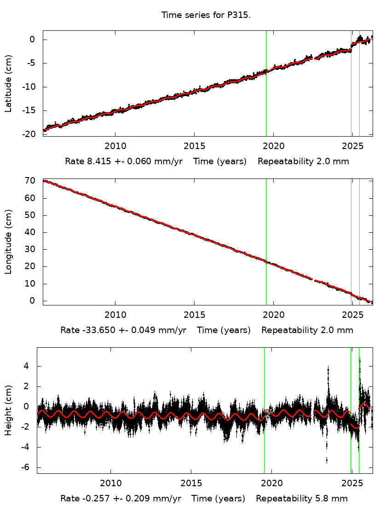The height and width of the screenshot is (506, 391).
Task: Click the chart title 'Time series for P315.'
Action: (x=206, y=15)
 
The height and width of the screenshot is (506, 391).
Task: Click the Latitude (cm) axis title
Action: (x=8, y=83)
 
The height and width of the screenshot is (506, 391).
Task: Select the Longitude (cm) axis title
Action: (x=8, y=241)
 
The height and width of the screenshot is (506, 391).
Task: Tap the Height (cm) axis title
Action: (x=8, y=411)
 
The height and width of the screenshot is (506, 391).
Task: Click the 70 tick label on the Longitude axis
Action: (x=31, y=181)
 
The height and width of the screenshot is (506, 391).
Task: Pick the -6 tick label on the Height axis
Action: (x=26, y=467)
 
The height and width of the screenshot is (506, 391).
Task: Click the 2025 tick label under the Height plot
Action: (x=352, y=483)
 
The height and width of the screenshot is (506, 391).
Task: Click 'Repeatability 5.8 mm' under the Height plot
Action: (x=302, y=499)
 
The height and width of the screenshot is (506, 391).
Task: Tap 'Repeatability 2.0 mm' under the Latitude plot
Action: (x=303, y=161)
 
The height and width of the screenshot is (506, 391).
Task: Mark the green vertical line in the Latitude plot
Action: (x=266, y=83)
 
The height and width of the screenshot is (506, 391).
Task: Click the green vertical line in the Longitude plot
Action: (x=266, y=241)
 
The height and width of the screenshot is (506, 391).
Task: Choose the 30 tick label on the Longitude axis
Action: (x=31, y=250)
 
